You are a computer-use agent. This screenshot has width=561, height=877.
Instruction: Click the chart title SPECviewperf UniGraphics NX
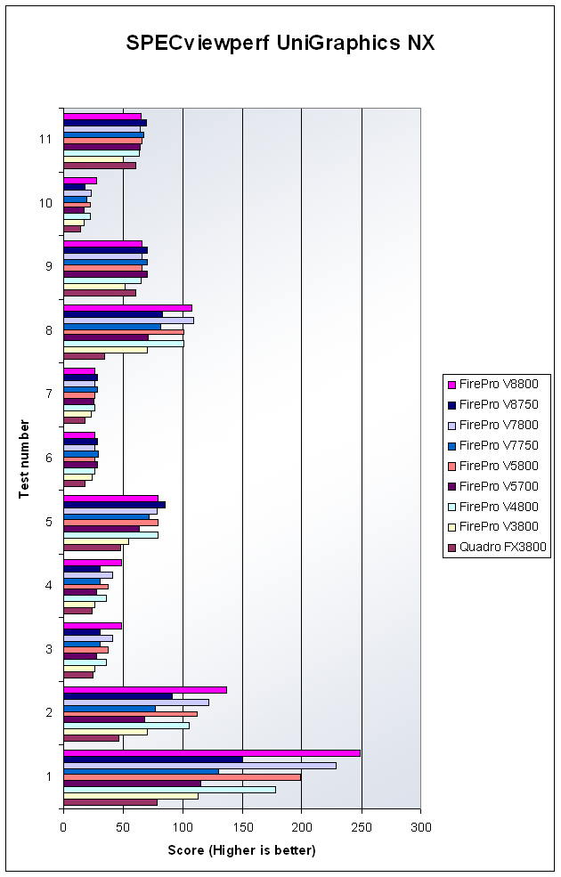click(280, 44)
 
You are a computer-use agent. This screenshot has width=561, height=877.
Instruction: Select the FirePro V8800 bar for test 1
click(211, 753)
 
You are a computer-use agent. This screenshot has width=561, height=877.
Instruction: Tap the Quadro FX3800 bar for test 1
click(110, 802)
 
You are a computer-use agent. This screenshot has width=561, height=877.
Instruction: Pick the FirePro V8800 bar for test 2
click(144, 690)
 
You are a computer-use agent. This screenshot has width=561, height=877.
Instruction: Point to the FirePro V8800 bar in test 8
click(127, 308)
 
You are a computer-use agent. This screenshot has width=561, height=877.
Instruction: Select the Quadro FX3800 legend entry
click(503, 548)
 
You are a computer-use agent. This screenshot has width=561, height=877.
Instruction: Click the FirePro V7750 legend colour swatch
click(452, 445)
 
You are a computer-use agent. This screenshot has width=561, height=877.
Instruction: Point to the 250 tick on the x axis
click(361, 827)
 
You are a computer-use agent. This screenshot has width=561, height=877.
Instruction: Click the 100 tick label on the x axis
click(183, 827)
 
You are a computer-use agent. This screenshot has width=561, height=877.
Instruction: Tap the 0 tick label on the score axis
click(63, 827)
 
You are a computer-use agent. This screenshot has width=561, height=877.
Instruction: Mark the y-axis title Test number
click(24, 459)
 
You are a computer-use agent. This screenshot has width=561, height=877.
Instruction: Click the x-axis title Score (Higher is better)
click(241, 850)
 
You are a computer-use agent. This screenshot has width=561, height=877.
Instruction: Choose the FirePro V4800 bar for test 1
click(169, 790)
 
